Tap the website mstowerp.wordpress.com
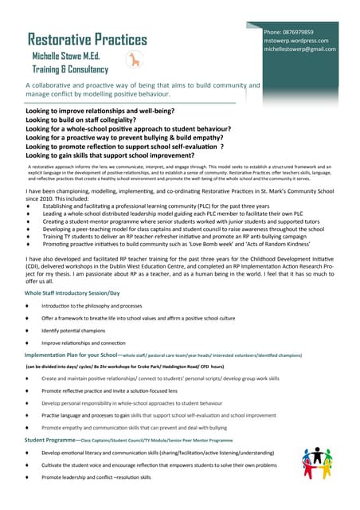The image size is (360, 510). coord(295,41)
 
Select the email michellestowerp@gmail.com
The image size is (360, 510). coord(299,49)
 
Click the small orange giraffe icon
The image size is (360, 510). coord(133,59)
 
